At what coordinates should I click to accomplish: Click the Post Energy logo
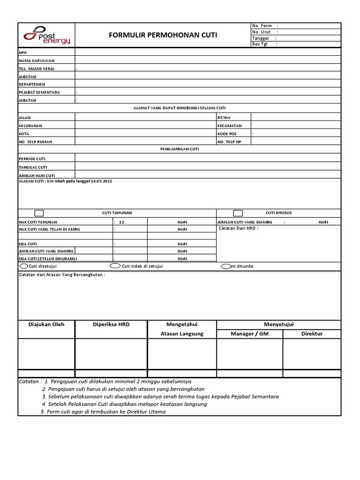coord(46,35)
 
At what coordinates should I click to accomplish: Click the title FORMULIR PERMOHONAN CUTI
coord(163,35)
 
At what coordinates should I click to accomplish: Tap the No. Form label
coord(262,26)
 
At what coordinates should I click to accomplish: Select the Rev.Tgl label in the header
coord(259,44)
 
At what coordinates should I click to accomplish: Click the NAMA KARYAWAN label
coord(37,60)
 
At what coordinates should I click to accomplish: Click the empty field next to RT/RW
coord(296,117)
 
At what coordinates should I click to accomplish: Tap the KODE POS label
coord(227,134)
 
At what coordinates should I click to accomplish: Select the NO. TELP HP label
coord(229,142)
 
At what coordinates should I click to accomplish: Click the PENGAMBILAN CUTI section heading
coord(180,149)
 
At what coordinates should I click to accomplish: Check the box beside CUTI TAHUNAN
coord(39,213)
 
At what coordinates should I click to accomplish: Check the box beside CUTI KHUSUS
coord(238,213)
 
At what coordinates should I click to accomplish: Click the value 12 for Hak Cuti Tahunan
coord(121,222)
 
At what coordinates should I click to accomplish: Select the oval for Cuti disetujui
coord(23,266)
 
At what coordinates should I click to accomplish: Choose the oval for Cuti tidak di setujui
coord(115,266)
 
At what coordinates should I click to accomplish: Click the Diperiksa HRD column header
coord(111,324)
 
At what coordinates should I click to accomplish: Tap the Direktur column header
coord(312,334)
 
